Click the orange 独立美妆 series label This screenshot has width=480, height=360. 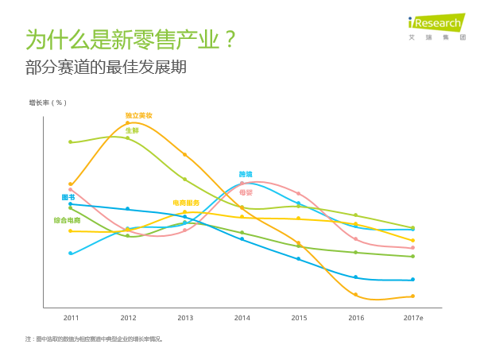pyautogui.click(x=138, y=116)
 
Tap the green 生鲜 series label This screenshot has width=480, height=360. pyautogui.click(x=132, y=130)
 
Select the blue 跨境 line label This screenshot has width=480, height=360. pyautogui.click(x=246, y=174)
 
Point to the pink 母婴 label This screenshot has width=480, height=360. pyautogui.click(x=246, y=192)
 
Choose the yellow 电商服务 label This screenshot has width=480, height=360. pyautogui.click(x=187, y=203)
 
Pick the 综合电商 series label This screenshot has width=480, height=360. pyautogui.click(x=67, y=220)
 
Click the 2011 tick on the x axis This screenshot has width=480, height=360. pyautogui.click(x=71, y=318)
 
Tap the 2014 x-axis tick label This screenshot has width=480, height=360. pyautogui.click(x=242, y=318)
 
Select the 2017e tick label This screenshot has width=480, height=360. pyautogui.click(x=413, y=318)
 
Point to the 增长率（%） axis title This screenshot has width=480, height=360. pyautogui.click(x=48, y=103)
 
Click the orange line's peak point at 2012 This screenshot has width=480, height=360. pyautogui.click(x=127, y=122)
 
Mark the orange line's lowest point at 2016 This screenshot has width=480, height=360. pyautogui.click(x=356, y=295)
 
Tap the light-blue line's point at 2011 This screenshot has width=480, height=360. pyautogui.click(x=71, y=253)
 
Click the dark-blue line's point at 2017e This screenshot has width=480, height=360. pyautogui.click(x=413, y=280)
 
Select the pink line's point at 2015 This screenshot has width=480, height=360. pyautogui.click(x=299, y=193)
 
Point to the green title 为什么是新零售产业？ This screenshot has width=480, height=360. pyautogui.click(x=131, y=39)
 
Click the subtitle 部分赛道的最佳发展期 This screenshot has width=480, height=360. pyautogui.click(x=106, y=67)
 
